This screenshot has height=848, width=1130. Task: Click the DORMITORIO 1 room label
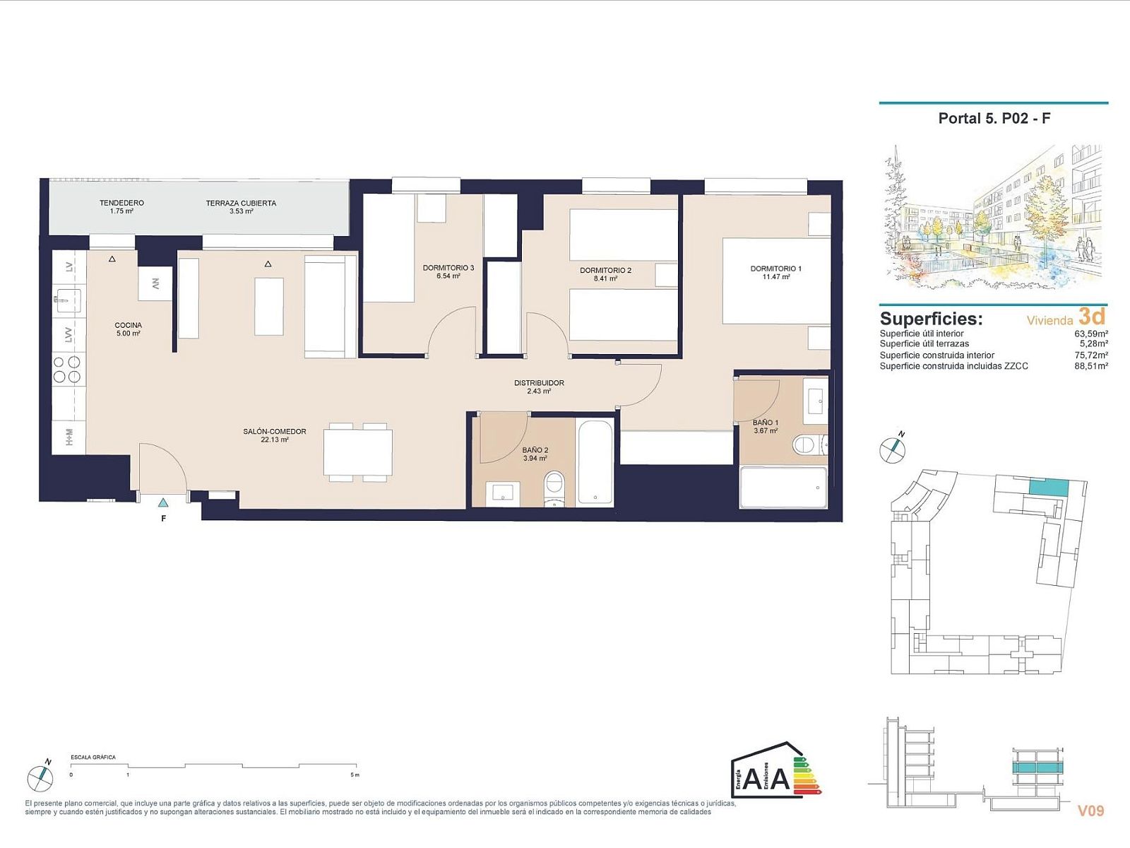pos(775,269)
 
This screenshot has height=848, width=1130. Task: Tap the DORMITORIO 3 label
pos(448,268)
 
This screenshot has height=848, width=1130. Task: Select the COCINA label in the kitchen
pos(129,325)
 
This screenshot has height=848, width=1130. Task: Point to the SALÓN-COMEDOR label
pos(275,432)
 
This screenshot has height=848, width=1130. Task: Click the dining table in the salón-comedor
pos(358,452)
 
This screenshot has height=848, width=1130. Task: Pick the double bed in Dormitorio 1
pos(776,281)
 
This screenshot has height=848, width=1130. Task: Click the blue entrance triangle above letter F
pos(162,503)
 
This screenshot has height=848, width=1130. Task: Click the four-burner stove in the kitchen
pos(67,370)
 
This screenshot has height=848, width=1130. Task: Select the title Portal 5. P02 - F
pos(994,119)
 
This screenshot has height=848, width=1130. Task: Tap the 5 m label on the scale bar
pos(355,775)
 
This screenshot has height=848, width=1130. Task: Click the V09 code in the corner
pos(1091,811)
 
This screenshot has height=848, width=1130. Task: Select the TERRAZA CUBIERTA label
pos(241,203)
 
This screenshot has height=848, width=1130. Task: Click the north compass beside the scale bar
pos(40,778)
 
